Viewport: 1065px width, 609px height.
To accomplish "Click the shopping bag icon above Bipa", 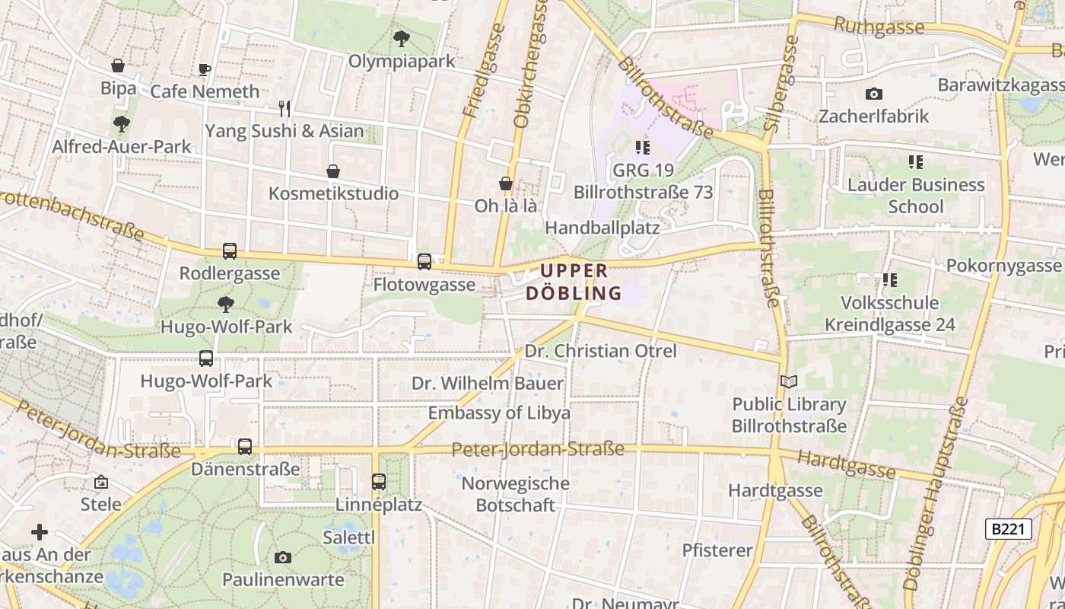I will pyautogui.click(x=118, y=65).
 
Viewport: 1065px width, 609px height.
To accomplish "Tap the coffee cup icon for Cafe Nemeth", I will pyautogui.click(x=204, y=69).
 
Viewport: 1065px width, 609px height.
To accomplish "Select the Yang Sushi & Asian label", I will pyautogui.click(x=285, y=131).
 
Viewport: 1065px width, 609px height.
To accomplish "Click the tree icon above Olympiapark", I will pyautogui.click(x=401, y=38).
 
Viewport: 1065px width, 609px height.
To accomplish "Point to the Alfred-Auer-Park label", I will pyautogui.click(x=122, y=146).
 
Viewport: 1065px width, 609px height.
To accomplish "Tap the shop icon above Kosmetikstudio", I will pyautogui.click(x=333, y=171).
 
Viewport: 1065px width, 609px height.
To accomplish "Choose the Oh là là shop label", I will pyautogui.click(x=506, y=206).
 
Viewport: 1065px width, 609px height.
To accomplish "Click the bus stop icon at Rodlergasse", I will pyautogui.click(x=229, y=250).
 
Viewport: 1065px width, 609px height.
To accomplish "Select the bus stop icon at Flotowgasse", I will pyautogui.click(x=424, y=262).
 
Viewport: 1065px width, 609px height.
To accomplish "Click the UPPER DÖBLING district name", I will pyautogui.click(x=574, y=282).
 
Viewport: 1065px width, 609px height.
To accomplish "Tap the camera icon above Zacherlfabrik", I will pyautogui.click(x=874, y=94).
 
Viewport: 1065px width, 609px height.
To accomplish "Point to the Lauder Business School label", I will pyautogui.click(x=916, y=196).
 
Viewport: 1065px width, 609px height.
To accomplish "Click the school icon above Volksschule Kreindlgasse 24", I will pyautogui.click(x=889, y=280).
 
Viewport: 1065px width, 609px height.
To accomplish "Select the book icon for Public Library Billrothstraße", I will pyautogui.click(x=790, y=382).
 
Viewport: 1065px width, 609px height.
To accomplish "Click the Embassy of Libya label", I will pyautogui.click(x=499, y=413).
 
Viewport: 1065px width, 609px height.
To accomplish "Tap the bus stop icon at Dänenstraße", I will pyautogui.click(x=245, y=447).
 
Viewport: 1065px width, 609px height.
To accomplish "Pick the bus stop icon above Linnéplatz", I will pyautogui.click(x=379, y=481).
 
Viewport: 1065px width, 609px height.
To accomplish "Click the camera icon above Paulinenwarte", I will pyautogui.click(x=283, y=557).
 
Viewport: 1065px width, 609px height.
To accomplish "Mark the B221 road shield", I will pyautogui.click(x=1009, y=529).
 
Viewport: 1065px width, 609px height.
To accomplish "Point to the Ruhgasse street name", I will pyautogui.click(x=879, y=26).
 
